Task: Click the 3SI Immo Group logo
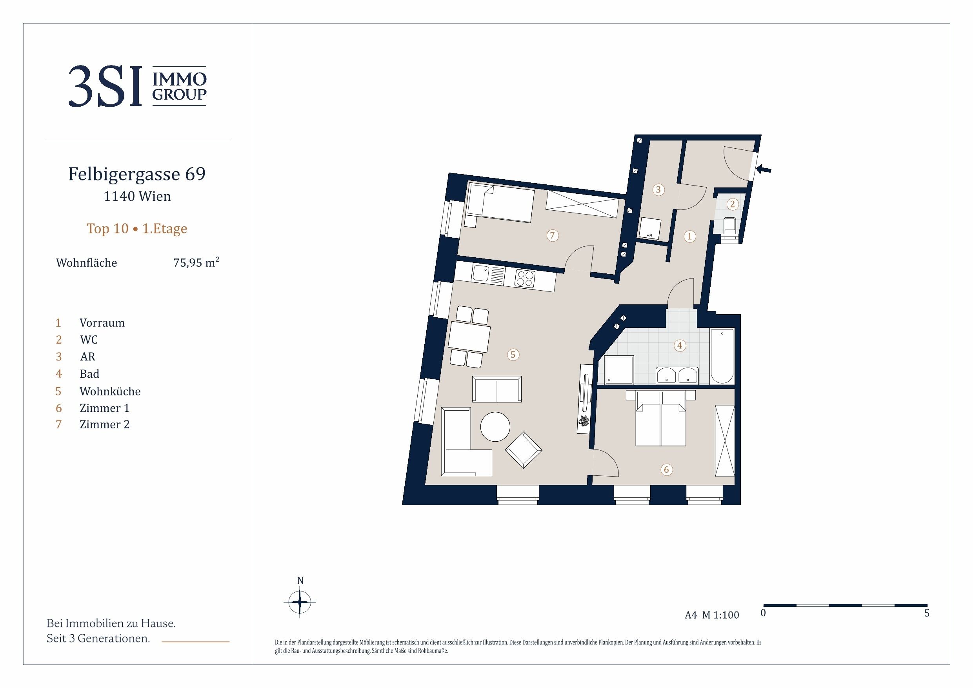[x=137, y=86]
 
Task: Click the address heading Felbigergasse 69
[x=137, y=174]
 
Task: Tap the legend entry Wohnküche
[x=110, y=391]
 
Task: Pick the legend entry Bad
[x=89, y=373]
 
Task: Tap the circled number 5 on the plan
[x=513, y=354]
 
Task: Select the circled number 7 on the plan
[x=552, y=235]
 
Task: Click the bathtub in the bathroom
[x=722, y=356]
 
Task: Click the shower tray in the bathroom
[x=619, y=369]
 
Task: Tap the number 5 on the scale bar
[x=927, y=613]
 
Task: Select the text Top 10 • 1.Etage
[x=137, y=229]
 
